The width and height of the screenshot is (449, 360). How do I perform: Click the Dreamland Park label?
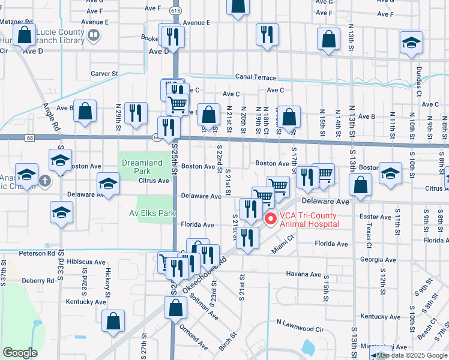coord(142,166)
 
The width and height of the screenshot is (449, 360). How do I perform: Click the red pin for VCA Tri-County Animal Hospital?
coord(270,220)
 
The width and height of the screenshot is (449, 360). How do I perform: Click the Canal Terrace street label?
coord(256,78)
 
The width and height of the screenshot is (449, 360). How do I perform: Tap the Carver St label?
coord(104,74)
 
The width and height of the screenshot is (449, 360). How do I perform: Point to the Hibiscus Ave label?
coord(85,262)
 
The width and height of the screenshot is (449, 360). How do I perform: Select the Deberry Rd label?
coord(38,280)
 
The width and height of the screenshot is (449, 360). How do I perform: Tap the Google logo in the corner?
coord(20,353)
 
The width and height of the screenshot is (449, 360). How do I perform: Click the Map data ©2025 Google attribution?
coord(412,355)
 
